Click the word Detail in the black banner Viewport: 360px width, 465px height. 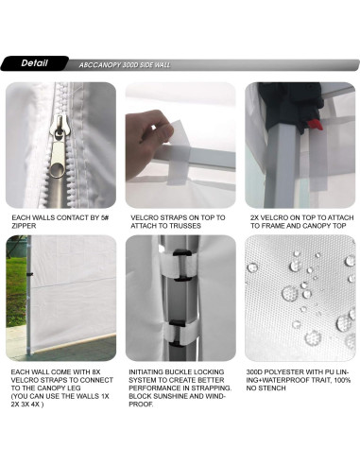point(34,63)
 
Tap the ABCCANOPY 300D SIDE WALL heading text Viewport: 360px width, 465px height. point(125,65)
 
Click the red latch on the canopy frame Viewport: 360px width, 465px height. point(315,124)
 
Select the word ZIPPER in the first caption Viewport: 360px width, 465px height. point(24,226)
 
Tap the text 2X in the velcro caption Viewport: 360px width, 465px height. point(255,217)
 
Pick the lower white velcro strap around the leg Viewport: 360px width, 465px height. point(180,334)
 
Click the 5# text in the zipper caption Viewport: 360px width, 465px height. point(105,217)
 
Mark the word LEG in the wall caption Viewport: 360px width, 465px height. point(74,387)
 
